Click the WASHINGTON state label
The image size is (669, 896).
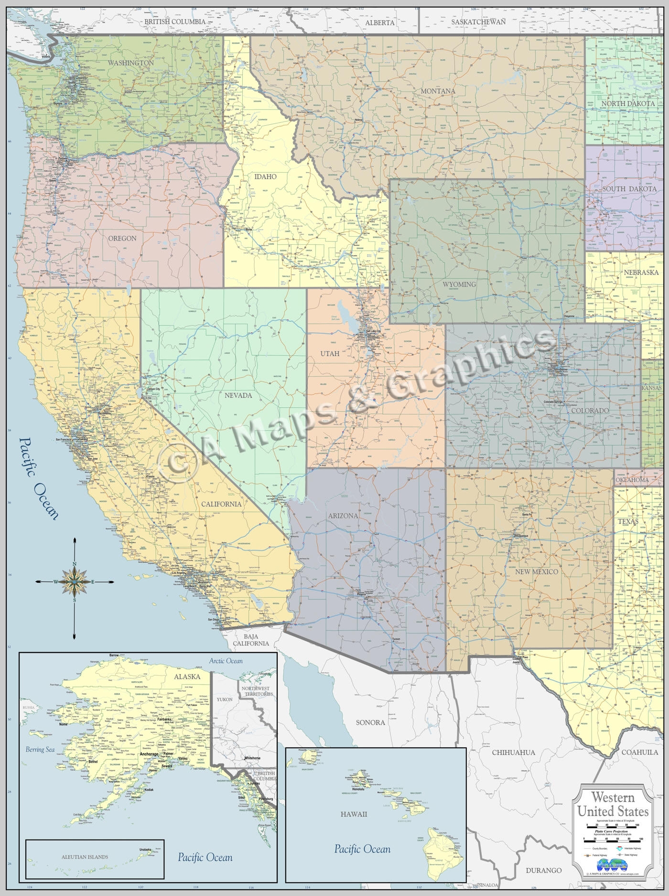130,63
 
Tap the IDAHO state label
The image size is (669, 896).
265,176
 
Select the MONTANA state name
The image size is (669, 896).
438,91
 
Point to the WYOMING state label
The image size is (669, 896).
459,284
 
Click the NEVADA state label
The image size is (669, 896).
238,395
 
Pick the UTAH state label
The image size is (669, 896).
330,353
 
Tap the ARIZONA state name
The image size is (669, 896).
343,515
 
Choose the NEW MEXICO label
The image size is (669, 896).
537,571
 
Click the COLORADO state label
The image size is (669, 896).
590,410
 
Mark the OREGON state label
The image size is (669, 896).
122,238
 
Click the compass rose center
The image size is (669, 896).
75,581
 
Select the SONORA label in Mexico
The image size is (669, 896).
370,722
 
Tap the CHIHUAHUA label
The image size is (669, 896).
513,752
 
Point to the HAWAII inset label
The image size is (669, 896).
354,814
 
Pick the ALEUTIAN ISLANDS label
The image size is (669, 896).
85,857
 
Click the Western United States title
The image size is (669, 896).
613,804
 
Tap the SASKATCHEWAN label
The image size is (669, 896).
478,22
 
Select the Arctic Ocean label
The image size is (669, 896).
226,661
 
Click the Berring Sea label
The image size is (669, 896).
41,749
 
